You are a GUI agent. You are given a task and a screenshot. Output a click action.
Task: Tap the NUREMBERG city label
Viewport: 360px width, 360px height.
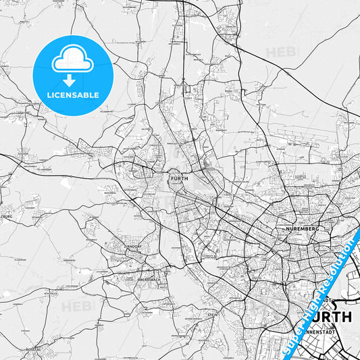coord(303,229)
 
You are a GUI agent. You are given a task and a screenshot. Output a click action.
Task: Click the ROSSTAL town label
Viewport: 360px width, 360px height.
coord(33,349)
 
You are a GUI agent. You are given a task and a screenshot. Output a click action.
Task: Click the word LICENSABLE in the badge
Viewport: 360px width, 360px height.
coord(72,95)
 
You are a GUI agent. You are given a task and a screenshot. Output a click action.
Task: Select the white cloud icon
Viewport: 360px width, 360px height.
coord(72,61)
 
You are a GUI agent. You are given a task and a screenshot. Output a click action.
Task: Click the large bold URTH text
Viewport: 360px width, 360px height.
coord(330,316)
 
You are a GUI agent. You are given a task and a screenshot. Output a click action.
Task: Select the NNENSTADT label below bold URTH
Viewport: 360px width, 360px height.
coord(328,331)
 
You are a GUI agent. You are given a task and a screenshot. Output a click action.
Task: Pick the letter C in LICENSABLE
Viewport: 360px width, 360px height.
coord(56,95)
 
